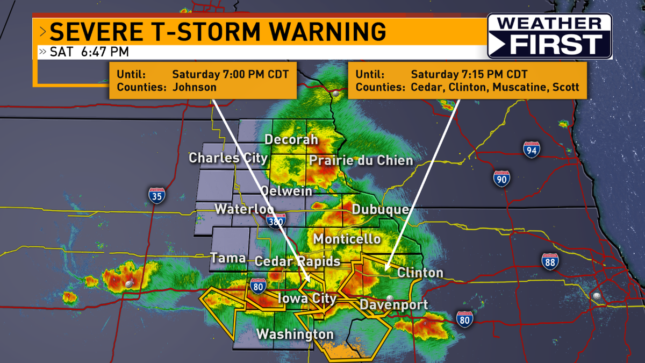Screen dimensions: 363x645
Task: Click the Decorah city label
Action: pos(291,140)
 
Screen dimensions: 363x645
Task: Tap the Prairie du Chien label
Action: pos(361,160)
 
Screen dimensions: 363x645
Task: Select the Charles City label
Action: pos(228,158)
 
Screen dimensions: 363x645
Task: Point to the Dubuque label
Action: pos(381,210)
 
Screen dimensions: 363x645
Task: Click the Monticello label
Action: pos(347,239)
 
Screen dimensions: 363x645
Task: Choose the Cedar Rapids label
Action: pos(297,261)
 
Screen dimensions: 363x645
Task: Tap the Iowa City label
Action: pos(306,298)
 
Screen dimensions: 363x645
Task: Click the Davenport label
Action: pos(393,305)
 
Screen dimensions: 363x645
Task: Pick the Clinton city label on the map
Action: pos(420,273)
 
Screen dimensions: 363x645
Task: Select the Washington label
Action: pos(295,334)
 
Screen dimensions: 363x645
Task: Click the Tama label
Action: pos(228,258)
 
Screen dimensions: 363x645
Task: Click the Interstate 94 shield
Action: pos(532,150)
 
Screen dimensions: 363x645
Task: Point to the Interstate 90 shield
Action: pos(501,178)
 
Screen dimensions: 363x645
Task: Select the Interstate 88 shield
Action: pos(550,261)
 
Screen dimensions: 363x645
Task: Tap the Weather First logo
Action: pos(549,36)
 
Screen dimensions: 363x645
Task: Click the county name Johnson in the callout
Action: pos(194,87)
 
